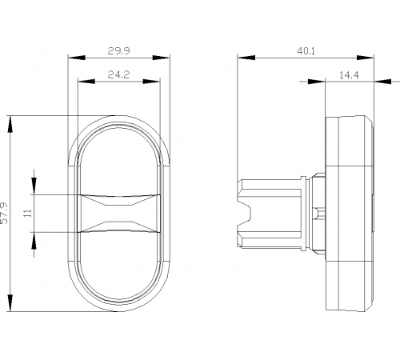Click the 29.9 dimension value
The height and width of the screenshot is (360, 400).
click(x=118, y=50)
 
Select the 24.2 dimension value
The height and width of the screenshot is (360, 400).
click(x=118, y=75)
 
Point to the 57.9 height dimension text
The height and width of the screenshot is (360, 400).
click(x=5, y=213)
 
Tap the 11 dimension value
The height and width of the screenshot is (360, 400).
click(x=27, y=213)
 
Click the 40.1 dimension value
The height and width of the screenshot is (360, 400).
click(x=306, y=51)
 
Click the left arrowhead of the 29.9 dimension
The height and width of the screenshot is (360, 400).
click(x=77, y=58)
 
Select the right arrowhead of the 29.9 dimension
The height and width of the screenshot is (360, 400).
click(x=161, y=58)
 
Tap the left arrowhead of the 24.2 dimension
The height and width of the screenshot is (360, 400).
click(x=86, y=82)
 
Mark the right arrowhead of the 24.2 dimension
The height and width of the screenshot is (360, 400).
click(x=151, y=82)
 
